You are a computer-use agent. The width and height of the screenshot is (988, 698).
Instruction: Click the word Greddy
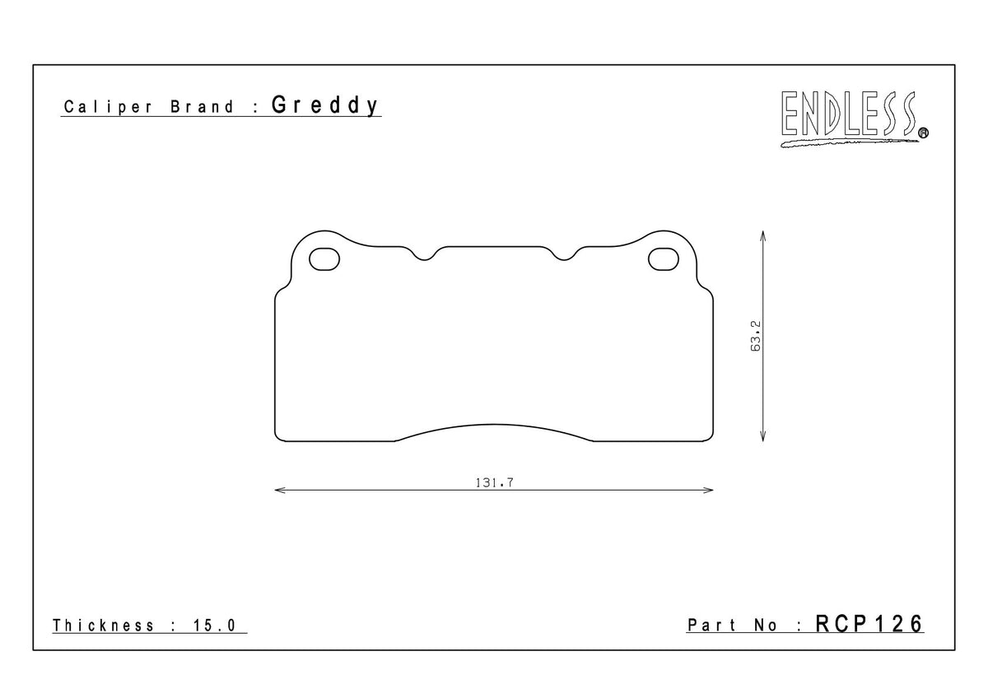coord(325,106)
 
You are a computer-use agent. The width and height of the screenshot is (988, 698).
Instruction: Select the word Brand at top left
coord(203,108)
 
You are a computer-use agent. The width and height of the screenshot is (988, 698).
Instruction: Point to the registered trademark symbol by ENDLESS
coord(922,132)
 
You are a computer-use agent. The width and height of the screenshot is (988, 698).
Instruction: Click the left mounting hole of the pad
coord(324,259)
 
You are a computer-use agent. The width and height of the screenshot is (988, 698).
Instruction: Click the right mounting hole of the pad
coord(663,259)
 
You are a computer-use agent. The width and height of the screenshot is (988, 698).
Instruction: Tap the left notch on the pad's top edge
coord(425,257)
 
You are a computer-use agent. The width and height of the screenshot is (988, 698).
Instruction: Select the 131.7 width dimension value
coord(494,483)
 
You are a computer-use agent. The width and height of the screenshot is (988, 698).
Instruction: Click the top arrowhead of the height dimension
coord(764,235)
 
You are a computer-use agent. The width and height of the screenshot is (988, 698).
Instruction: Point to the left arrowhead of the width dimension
coord(278,491)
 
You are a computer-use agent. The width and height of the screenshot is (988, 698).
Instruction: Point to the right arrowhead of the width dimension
coord(709,491)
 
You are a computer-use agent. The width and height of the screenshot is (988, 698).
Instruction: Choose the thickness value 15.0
coord(216,626)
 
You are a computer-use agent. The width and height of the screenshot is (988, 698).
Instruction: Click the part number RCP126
coord(869,624)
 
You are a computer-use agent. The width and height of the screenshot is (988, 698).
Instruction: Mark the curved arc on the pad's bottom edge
coord(494,426)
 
